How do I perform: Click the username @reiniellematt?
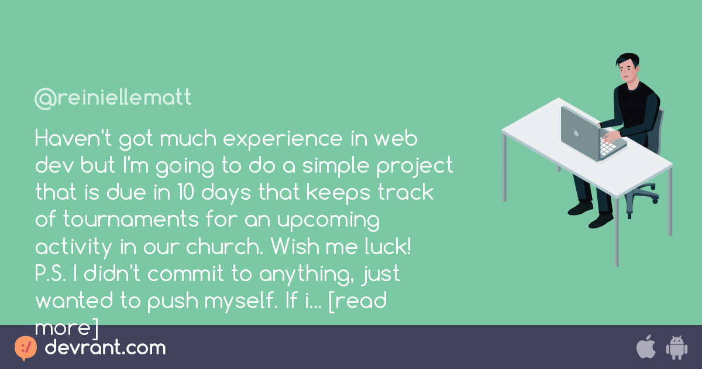pyautogui.click(x=113, y=98)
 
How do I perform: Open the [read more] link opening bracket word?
pyautogui.click(x=357, y=300)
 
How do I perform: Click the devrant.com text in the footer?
pyautogui.click(x=105, y=348)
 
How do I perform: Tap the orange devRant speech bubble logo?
pyautogui.click(x=25, y=348)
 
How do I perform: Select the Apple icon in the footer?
pyautogui.click(x=646, y=347)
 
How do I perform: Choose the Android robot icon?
pyautogui.click(x=676, y=347)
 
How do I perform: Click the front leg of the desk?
pyautogui.click(x=616, y=234)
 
